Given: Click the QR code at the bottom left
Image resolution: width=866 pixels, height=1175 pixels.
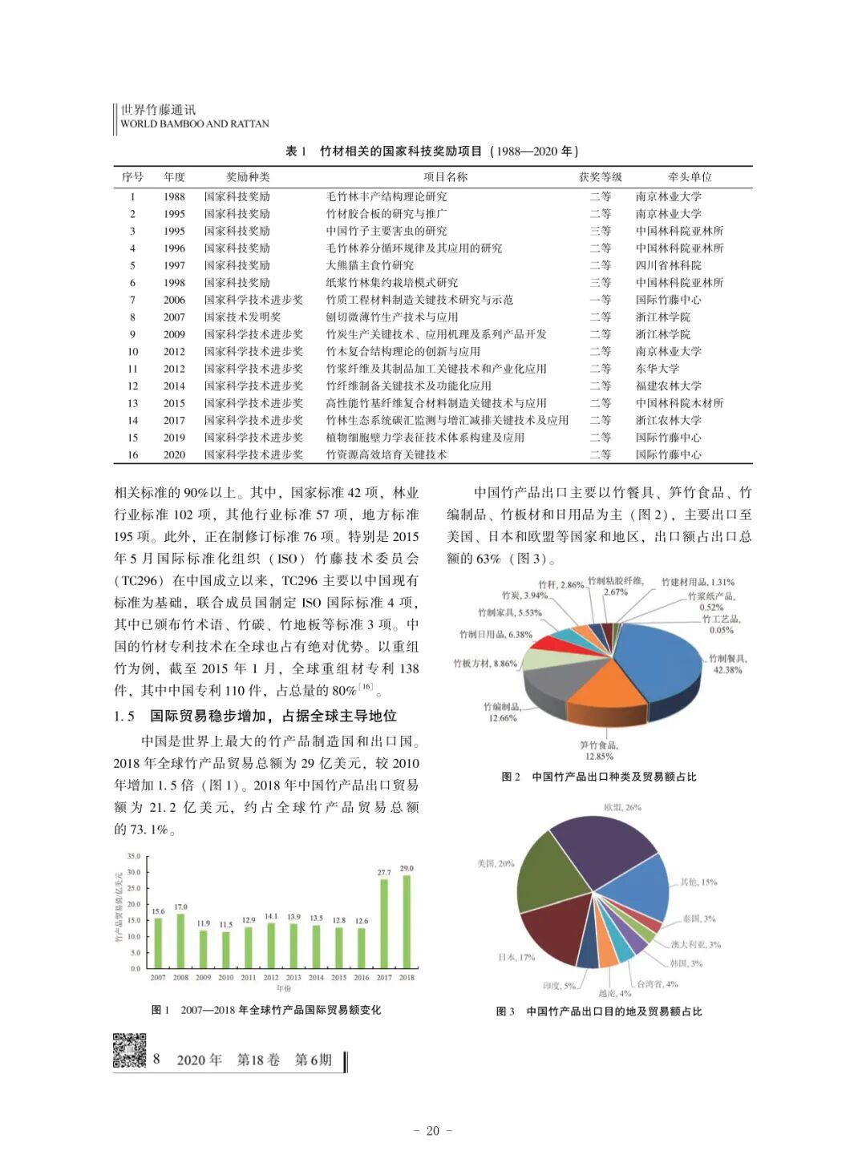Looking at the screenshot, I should [129, 1051].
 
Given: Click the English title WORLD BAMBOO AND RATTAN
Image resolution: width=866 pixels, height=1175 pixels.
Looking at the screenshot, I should [195, 124].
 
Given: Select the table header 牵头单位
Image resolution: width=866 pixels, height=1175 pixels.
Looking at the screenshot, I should [690, 177].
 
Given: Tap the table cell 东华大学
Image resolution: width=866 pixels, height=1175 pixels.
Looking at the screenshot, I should [658, 369].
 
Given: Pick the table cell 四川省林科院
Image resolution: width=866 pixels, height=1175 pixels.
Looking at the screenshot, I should [669, 265].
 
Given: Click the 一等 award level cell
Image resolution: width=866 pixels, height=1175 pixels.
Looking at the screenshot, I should [601, 300].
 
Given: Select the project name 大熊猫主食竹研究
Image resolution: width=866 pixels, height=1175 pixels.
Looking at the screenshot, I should [370, 265].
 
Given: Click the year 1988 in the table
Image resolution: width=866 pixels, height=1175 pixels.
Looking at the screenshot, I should [174, 196].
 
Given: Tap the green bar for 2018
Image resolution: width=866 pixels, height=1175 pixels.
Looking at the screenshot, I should [407, 922].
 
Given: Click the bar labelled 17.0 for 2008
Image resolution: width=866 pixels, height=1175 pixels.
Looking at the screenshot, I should [180, 941].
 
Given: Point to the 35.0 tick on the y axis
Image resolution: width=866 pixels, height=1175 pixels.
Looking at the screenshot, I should [134, 856].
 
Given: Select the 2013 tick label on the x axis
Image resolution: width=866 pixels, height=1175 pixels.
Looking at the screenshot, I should [293, 978].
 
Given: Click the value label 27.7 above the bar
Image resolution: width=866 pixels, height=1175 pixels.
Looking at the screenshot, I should [384, 872].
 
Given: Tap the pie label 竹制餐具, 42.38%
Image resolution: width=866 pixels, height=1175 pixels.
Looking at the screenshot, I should [727, 664].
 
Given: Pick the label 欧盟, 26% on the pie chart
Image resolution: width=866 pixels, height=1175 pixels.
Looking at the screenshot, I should [622, 807].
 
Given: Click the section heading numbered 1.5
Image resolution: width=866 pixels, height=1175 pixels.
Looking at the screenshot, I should [255, 716].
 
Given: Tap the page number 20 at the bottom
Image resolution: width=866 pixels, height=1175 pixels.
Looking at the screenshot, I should [433, 1131].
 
